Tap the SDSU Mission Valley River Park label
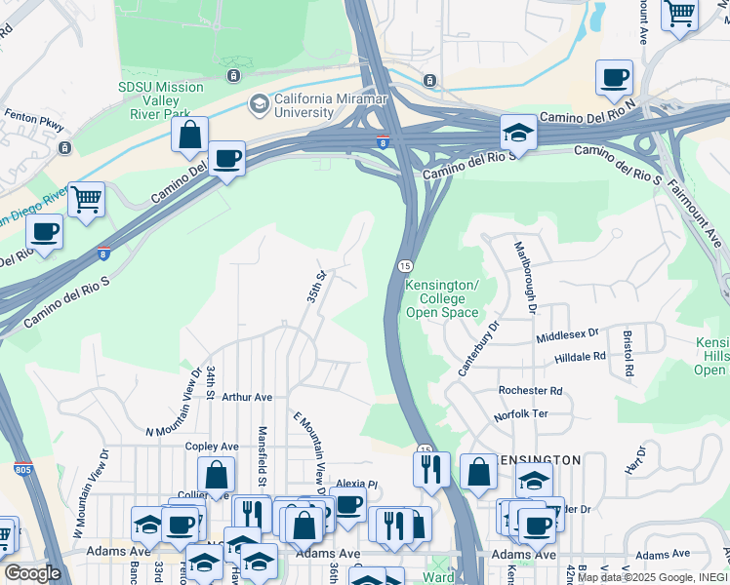coord(161,94)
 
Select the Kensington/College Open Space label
coord(442,298)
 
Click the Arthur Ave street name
coord(247,398)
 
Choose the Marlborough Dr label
coord(523,276)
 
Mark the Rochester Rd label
coord(530,391)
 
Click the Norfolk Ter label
coord(521,414)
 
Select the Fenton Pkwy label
coord(34,126)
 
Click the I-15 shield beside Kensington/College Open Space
coord(404,266)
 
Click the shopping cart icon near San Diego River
coord(87,200)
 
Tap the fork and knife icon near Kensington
coord(430,469)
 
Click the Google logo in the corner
coord(32,573)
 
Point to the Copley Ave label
coord(207,446)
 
